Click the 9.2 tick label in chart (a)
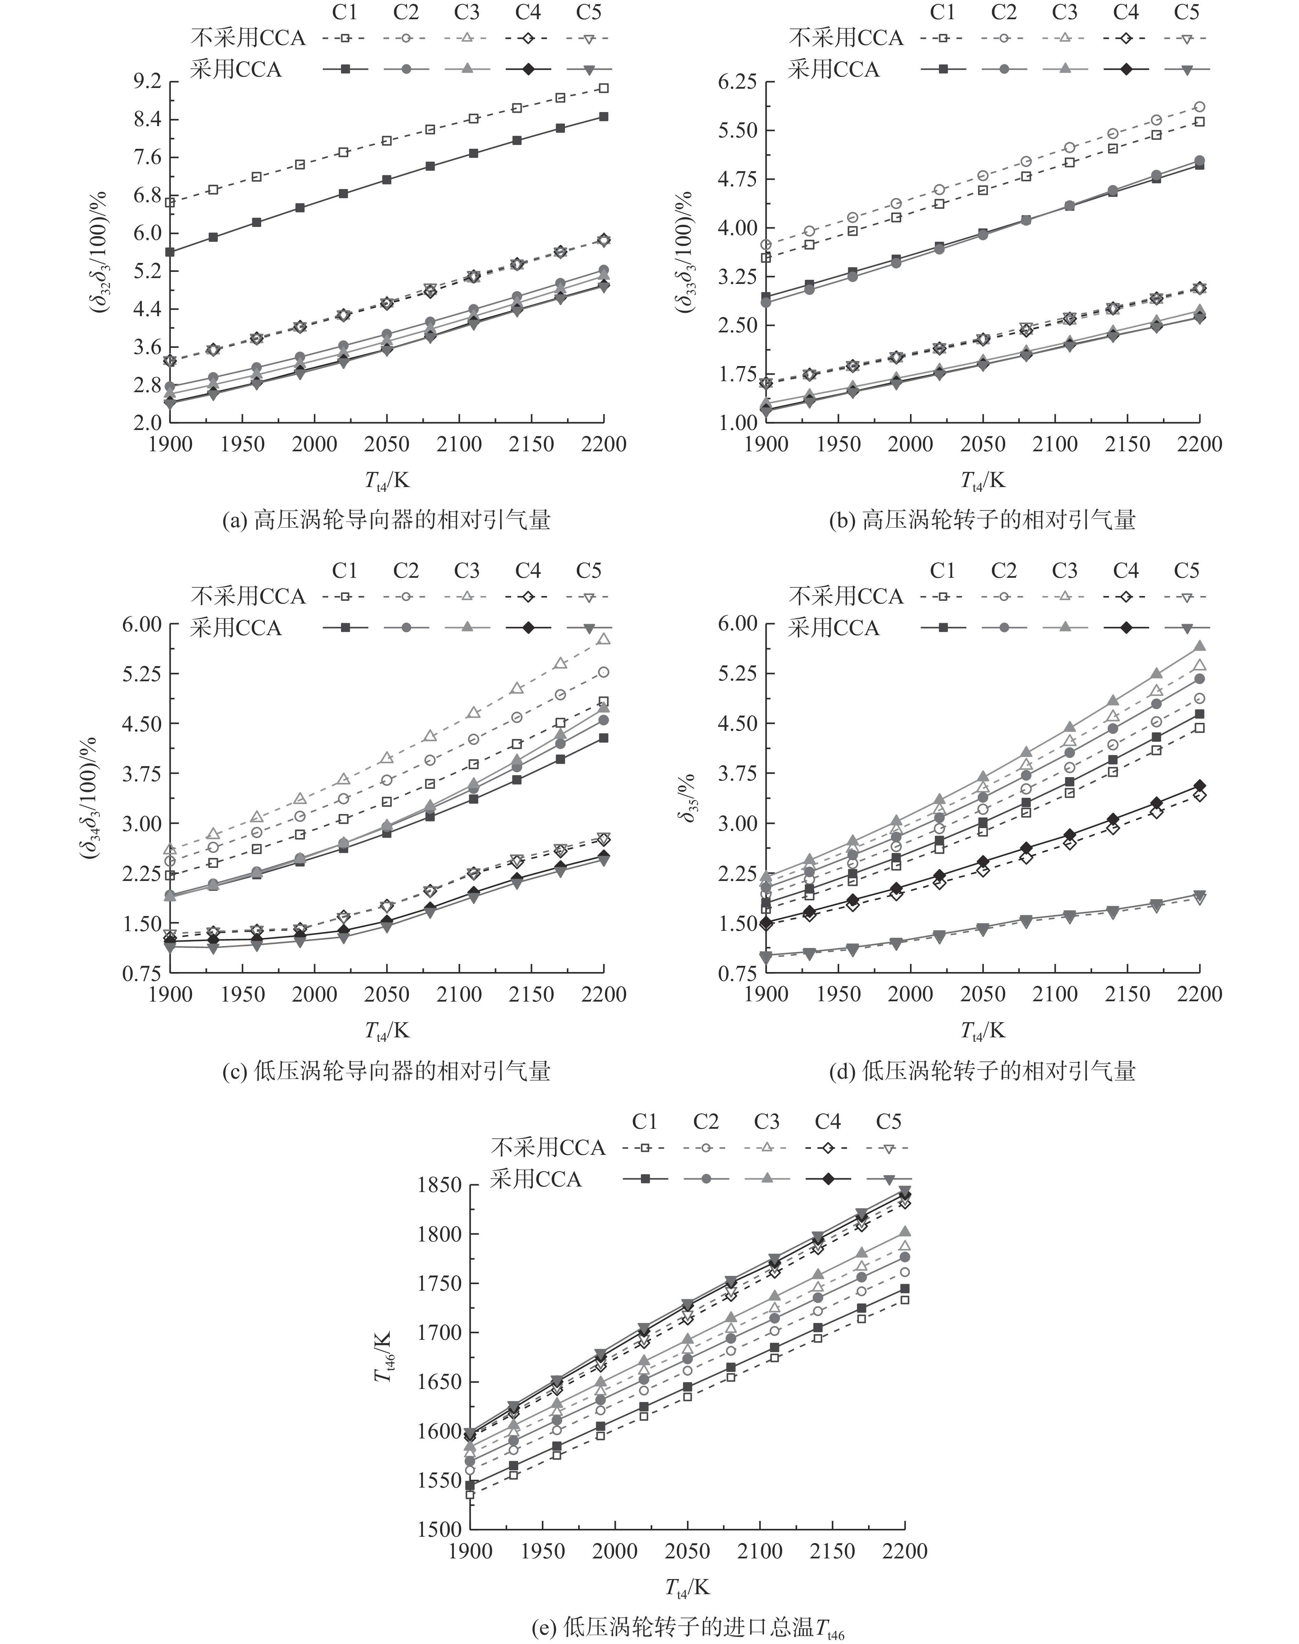point(147,81)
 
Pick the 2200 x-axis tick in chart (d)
point(1199,994)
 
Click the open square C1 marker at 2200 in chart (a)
point(604,88)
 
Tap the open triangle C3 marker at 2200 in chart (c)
point(604,639)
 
